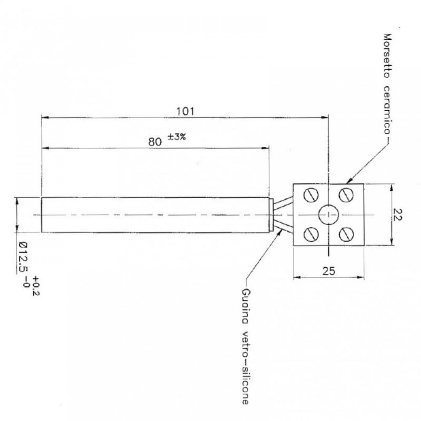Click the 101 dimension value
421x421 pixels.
pyautogui.click(x=185, y=111)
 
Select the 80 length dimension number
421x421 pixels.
pyautogui.click(x=155, y=142)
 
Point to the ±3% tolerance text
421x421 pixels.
pyautogui.click(x=177, y=137)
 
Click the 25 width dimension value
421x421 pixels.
pyautogui.click(x=329, y=271)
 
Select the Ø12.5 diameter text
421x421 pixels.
pyautogui.click(x=24, y=257)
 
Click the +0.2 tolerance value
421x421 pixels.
pyautogui.click(x=36, y=286)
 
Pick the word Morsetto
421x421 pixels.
pyautogui.click(x=387, y=56)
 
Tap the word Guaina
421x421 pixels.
pyautogui.click(x=245, y=306)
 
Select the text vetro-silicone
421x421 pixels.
pyautogui.click(x=245, y=368)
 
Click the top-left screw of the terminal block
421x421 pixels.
pyautogui.click(x=311, y=195)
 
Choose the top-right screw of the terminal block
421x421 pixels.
pyautogui.click(x=346, y=195)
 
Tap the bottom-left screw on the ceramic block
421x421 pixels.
pyautogui.click(x=311, y=234)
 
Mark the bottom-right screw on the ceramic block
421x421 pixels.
pyautogui.click(x=346, y=234)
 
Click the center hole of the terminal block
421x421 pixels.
pyautogui.click(x=328, y=215)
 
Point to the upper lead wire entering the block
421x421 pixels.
pyautogui.click(x=283, y=202)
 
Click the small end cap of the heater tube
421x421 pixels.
pyautogui.click(x=271, y=215)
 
